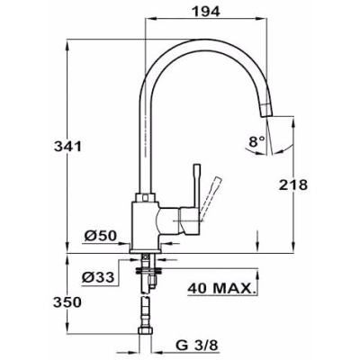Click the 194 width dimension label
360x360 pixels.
(206, 12)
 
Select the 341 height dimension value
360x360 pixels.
(67, 147)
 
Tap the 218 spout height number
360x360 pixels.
(293, 184)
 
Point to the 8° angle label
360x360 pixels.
(256, 141)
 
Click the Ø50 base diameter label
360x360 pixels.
(100, 236)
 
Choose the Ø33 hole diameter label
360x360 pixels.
(98, 277)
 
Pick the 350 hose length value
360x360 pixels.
(67, 302)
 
